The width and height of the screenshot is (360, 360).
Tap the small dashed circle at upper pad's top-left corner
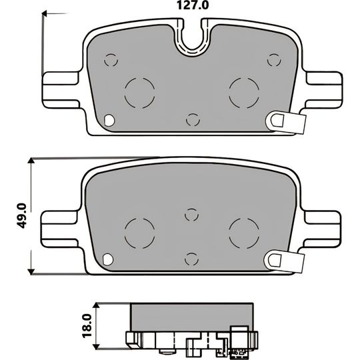(111, 60)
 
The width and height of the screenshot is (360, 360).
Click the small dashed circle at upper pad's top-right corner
(273, 59)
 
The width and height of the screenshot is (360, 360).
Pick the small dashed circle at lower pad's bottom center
(192, 258)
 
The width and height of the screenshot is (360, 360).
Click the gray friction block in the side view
(193, 314)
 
